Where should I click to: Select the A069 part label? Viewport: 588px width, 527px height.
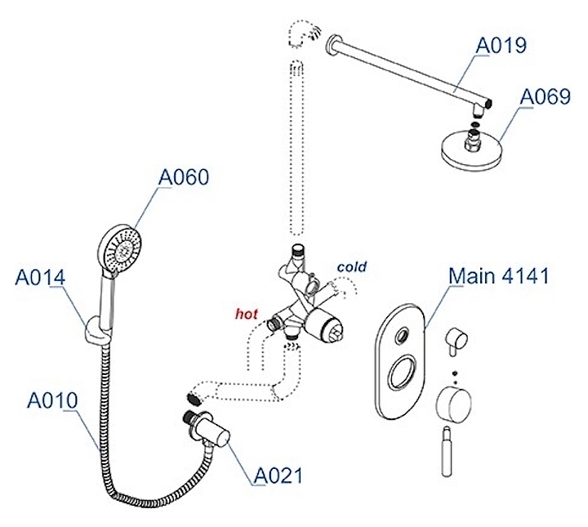click(546, 97)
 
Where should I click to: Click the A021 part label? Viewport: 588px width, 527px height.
click(278, 475)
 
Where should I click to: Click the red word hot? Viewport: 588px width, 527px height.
click(247, 313)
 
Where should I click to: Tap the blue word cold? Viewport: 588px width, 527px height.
click(351, 266)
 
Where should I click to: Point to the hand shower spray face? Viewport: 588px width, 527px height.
click(121, 244)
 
